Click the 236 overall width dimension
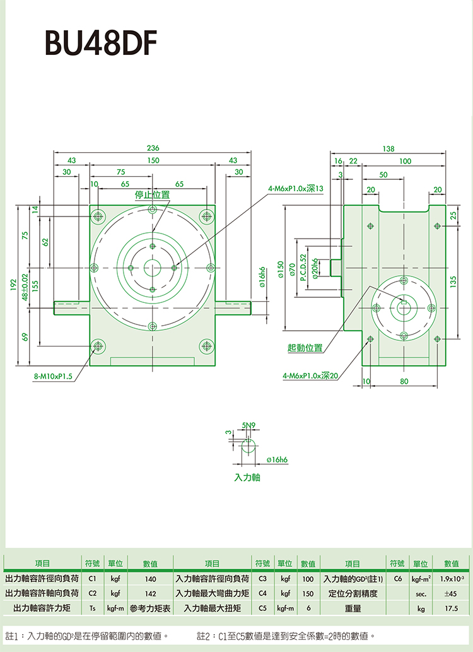tap(153, 148)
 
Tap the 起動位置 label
tap(305, 348)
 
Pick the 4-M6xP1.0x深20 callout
tap(311, 376)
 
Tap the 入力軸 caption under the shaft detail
tap(247, 478)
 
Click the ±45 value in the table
tap(451, 593)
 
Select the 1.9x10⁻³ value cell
tap(452, 578)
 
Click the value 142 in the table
tap(150, 593)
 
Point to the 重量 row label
tap(353, 608)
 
